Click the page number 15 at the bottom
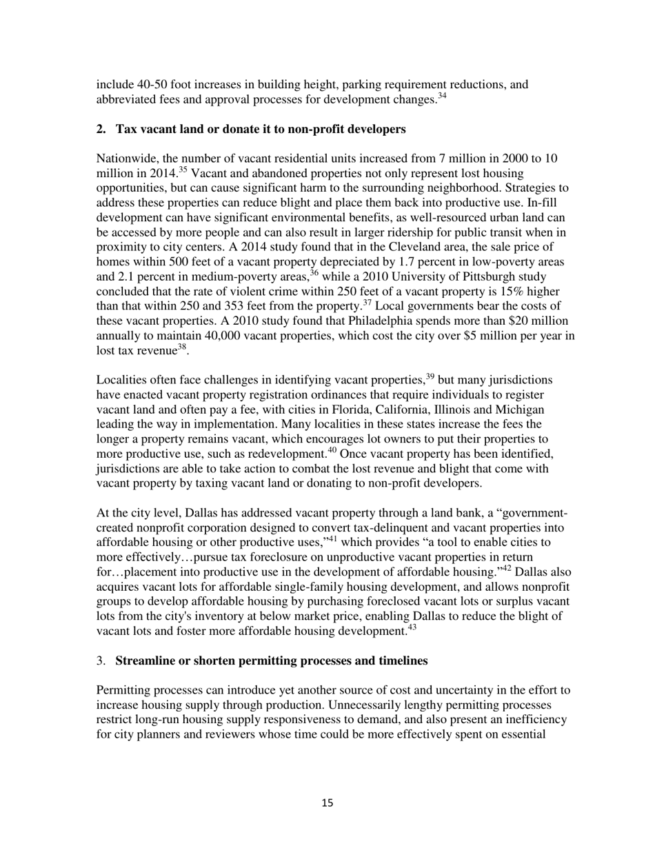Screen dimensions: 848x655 (x=327, y=802)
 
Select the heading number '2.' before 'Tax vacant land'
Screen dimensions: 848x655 (x=101, y=129)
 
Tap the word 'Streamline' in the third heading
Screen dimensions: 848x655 (x=144, y=661)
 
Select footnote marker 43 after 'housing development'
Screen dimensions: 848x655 (x=412, y=629)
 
